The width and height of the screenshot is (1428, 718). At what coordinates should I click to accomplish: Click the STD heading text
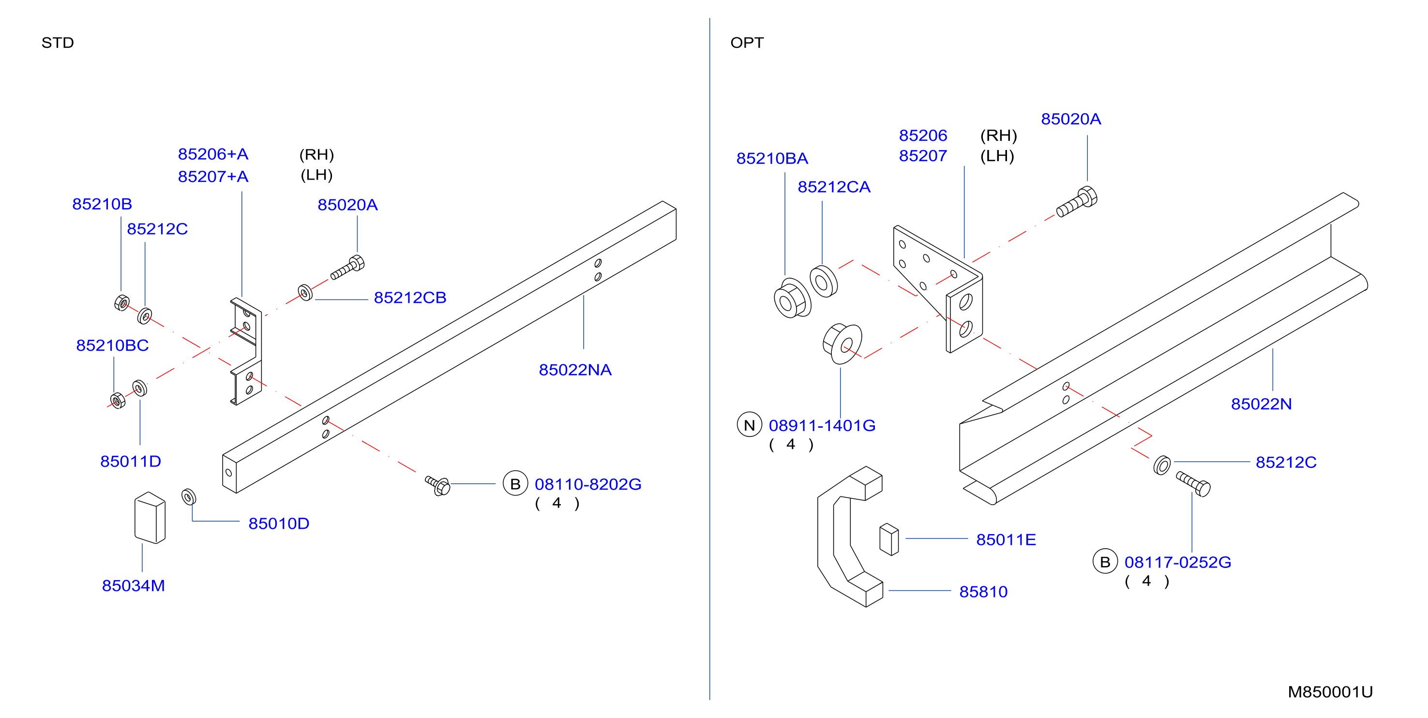pos(58,43)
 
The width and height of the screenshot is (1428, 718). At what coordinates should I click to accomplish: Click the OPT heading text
pos(747,43)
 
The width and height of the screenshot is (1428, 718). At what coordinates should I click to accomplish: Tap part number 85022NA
pos(575,370)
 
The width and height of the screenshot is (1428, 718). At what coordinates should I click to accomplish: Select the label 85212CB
pos(410,298)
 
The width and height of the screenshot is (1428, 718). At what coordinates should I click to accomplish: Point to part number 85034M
pos(134,585)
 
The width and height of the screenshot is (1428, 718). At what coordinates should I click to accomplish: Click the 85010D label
pos(279,524)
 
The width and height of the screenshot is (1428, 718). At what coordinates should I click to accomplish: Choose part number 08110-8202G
pos(587,484)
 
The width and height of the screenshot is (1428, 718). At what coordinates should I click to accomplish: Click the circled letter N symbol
pos(749,425)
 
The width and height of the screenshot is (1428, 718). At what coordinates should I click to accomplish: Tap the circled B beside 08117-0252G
pos(1105,562)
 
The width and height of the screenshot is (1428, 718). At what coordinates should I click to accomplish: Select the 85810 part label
pos(983,592)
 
